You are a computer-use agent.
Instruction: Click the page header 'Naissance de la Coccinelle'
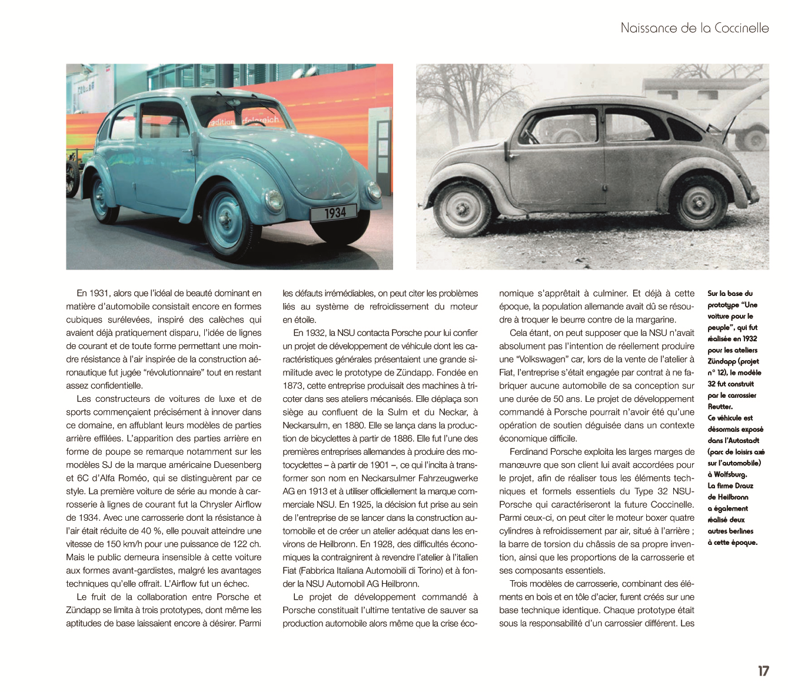[694, 28]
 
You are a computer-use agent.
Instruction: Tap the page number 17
[763, 671]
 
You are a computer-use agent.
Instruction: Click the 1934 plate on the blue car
[335, 212]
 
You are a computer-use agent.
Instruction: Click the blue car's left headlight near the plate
[274, 199]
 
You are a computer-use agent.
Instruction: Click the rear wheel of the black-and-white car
[697, 200]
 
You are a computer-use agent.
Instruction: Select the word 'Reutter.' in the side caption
[720, 407]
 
